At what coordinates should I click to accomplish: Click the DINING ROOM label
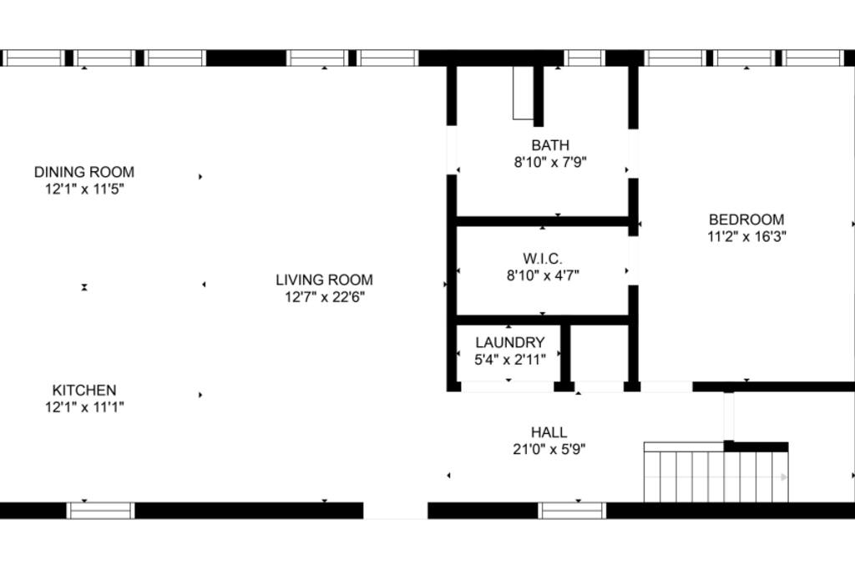pyautogui.click(x=84, y=172)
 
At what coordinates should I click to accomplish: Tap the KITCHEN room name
pyautogui.click(x=84, y=391)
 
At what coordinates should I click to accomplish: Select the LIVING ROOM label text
pyautogui.click(x=325, y=280)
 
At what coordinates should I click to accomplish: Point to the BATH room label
pyautogui.click(x=550, y=145)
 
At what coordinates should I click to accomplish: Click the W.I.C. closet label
pyautogui.click(x=543, y=259)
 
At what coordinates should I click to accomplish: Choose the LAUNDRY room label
pyautogui.click(x=510, y=342)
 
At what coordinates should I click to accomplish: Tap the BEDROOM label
pyautogui.click(x=746, y=219)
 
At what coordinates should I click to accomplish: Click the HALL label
pyautogui.click(x=549, y=432)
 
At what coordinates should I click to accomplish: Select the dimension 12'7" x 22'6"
pyautogui.click(x=325, y=297)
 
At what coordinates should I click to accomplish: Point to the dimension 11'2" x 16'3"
pyautogui.click(x=746, y=236)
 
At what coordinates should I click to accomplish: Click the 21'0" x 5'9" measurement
pyautogui.click(x=549, y=450)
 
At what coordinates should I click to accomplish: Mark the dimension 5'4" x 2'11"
pyautogui.click(x=510, y=360)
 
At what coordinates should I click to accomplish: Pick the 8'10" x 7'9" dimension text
pyautogui.click(x=550, y=163)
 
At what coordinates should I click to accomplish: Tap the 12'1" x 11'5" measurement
pyautogui.click(x=84, y=189)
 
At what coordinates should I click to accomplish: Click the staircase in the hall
pyautogui.click(x=716, y=472)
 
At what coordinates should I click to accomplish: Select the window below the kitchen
pyautogui.click(x=101, y=511)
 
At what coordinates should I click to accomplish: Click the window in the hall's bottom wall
pyautogui.click(x=572, y=511)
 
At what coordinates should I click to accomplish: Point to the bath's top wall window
pyautogui.click(x=584, y=58)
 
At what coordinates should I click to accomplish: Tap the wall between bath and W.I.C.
pyautogui.click(x=543, y=221)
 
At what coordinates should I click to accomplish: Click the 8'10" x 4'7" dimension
pyautogui.click(x=543, y=275)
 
